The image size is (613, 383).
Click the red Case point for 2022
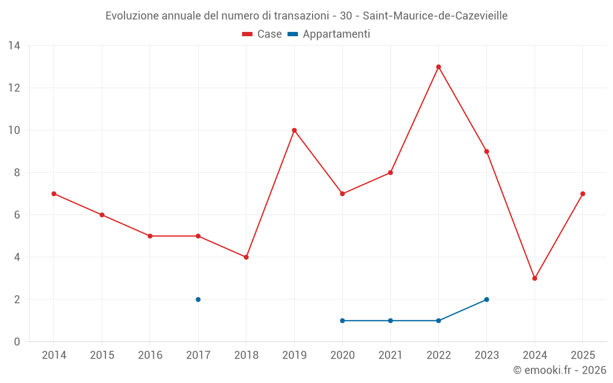tap(438, 67)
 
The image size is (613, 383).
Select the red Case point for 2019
tap(294, 130)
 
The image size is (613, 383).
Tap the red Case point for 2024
tap(535, 278)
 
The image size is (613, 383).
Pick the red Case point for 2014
tap(54, 194)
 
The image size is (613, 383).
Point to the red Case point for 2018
tap(246, 257)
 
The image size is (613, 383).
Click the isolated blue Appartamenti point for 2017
tap(198, 300)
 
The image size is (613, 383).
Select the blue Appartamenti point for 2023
tap(487, 300)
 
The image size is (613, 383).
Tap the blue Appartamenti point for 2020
tap(342, 320)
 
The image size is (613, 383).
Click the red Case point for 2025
tap(583, 194)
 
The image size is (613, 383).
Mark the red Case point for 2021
tap(390, 172)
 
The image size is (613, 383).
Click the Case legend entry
tap(262, 34)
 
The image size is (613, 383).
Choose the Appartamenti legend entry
tap(329, 34)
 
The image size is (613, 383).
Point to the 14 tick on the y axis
tap(14, 46)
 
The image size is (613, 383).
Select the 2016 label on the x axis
tap(150, 355)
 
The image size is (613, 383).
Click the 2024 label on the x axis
tap(535, 355)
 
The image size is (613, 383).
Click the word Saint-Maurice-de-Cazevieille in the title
tap(435, 16)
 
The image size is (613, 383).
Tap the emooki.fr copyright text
tap(560, 370)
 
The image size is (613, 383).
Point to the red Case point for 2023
tap(487, 151)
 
